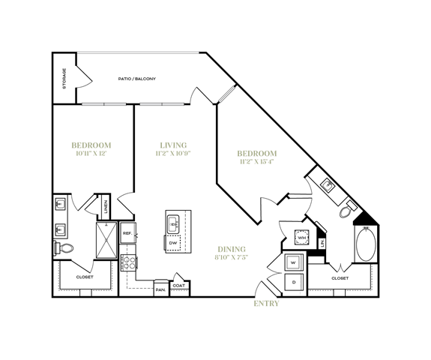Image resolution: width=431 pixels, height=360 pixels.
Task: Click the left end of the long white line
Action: [78, 52]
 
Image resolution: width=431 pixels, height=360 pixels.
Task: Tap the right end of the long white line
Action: [198, 52]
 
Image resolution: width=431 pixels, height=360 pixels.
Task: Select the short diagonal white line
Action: [226, 94]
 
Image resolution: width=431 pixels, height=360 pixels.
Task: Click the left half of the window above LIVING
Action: [151, 104]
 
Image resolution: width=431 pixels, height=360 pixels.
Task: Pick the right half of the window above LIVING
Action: [173, 104]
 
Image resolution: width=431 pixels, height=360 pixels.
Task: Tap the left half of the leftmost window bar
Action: [93, 104]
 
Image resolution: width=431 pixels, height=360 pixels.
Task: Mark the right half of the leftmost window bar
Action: [115, 104]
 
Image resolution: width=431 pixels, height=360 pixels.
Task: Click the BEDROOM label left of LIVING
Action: [91, 145]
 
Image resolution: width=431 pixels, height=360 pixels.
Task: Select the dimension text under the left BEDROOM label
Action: [91, 154]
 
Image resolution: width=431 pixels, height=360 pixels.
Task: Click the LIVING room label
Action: [173, 145]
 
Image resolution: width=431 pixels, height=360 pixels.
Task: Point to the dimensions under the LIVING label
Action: [173, 154]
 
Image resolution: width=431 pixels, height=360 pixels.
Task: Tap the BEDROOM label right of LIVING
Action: [257, 154]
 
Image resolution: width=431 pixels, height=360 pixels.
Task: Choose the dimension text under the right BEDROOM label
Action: [257, 162]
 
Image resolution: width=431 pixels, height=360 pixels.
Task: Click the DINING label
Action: [232, 250]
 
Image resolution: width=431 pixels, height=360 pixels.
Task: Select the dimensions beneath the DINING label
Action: [231, 257]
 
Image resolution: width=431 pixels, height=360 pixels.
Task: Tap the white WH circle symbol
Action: [301, 238]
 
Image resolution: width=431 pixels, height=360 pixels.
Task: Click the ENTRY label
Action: [266, 304]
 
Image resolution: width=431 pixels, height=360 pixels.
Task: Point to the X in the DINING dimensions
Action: [233, 257]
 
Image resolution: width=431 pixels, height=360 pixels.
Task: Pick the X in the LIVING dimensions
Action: [172, 154]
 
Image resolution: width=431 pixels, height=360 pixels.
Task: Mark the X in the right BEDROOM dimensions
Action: [256, 162]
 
